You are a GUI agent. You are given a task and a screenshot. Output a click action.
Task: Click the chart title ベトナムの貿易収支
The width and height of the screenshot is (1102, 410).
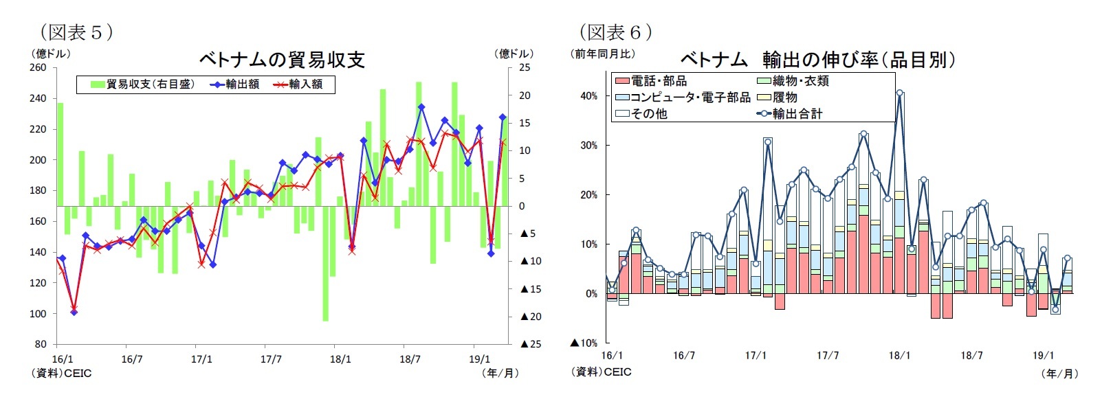[x=282, y=60]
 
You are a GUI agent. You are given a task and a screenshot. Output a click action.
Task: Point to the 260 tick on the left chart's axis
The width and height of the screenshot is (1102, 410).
[x=38, y=67]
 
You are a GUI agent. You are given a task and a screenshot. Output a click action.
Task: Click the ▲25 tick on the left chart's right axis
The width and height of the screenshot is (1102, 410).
[x=531, y=344]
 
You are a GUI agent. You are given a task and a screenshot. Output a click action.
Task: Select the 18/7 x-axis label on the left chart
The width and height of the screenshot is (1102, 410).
[x=410, y=359]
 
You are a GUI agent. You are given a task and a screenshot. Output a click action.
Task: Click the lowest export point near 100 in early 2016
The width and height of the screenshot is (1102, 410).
[x=74, y=312]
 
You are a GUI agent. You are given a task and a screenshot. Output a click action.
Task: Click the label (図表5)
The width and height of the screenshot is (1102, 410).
[x=76, y=32]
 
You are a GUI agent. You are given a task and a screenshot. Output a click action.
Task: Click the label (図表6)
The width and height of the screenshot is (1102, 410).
[x=615, y=32]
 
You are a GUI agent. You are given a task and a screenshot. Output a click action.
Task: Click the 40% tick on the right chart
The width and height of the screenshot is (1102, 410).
[x=588, y=96]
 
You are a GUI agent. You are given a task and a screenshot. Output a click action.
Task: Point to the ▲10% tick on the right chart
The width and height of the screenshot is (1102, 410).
[x=584, y=343]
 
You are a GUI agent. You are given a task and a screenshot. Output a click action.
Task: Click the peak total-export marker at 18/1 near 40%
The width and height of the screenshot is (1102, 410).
[x=899, y=93]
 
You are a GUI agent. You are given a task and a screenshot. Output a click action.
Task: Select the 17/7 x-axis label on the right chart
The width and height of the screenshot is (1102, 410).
[x=828, y=356]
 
